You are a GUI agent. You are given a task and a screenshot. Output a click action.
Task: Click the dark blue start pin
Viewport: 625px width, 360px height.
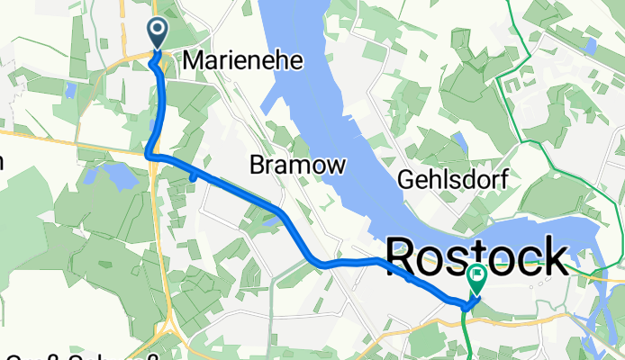tap(157, 33)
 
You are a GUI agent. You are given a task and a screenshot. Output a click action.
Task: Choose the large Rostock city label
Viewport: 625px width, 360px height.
tap(477, 257)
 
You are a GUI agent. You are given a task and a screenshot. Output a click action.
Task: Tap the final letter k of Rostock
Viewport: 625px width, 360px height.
tap(554, 257)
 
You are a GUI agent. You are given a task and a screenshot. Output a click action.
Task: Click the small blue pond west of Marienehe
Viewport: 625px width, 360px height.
tap(69, 89)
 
